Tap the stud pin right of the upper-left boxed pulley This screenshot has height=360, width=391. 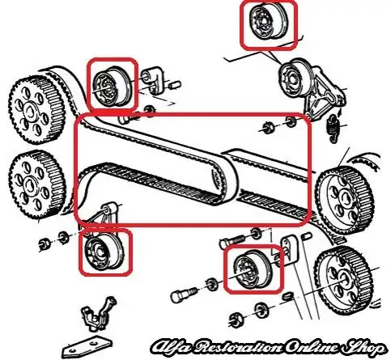154,80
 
